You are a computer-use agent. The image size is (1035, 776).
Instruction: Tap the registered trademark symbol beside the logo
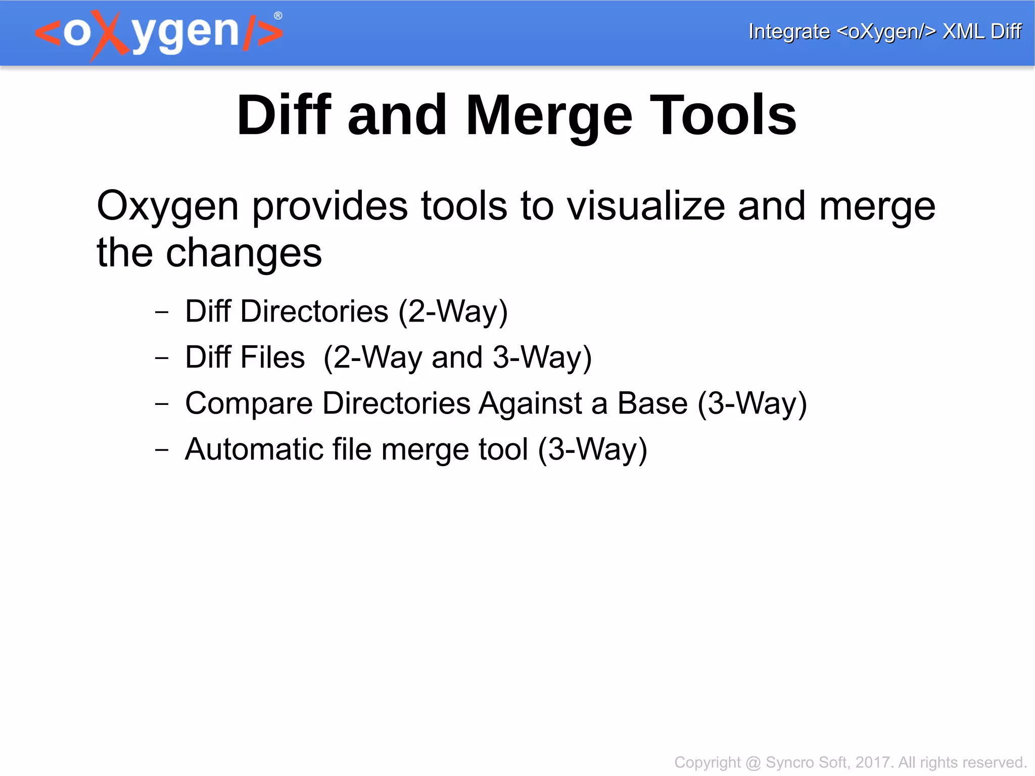point(278,16)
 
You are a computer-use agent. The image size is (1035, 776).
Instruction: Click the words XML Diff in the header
point(981,31)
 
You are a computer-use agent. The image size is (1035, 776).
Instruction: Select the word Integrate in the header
point(789,31)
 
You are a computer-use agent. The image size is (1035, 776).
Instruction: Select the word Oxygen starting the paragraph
point(167,206)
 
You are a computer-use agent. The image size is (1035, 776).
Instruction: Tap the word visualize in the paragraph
point(646,206)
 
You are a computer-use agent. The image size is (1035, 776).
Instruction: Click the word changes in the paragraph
point(244,253)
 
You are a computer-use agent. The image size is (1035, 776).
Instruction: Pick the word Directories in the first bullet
point(314,311)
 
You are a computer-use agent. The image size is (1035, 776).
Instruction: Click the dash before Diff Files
point(162,358)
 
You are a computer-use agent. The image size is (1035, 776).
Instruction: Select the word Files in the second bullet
point(272,357)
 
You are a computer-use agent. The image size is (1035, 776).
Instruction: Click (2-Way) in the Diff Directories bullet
point(453,311)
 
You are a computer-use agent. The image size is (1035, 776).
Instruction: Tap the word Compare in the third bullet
point(249,403)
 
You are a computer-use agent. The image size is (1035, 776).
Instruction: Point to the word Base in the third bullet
point(652,403)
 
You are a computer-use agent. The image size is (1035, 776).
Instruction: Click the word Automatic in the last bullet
point(254,449)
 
